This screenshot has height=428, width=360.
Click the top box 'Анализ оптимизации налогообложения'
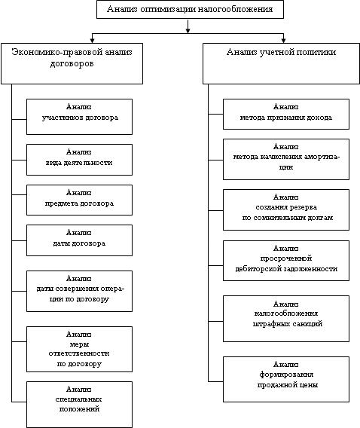coord(190,9)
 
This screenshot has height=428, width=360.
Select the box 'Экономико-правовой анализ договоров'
coord(72,63)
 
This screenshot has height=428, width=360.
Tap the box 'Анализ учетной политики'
coord(281,63)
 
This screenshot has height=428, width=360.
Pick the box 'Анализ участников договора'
coord(79,117)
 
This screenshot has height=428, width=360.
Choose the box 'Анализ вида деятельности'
coord(79,160)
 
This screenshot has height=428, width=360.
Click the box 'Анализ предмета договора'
coord(79,200)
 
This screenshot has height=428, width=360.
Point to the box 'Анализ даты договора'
coord(79,240)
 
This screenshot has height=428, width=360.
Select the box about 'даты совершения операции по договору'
coord(79,292)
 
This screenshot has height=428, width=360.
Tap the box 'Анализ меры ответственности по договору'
coord(79,349)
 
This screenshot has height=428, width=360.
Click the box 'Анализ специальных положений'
coord(79,405)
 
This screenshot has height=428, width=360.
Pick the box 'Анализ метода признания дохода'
coord(286,114)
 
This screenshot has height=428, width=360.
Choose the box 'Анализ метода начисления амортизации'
coord(286,160)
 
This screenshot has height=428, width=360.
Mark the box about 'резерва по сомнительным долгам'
coord(286,210)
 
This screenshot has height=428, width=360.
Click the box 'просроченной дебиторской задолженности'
coord(286,261)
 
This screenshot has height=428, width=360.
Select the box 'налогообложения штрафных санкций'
coord(286,319)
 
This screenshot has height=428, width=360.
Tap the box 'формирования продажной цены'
coord(286,379)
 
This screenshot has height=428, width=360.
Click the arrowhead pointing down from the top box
coord(188,31)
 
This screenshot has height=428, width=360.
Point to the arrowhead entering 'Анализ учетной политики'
coord(284,41)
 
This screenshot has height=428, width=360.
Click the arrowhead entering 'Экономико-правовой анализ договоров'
coord(93,41)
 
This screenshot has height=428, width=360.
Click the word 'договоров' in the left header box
coord(72,64)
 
